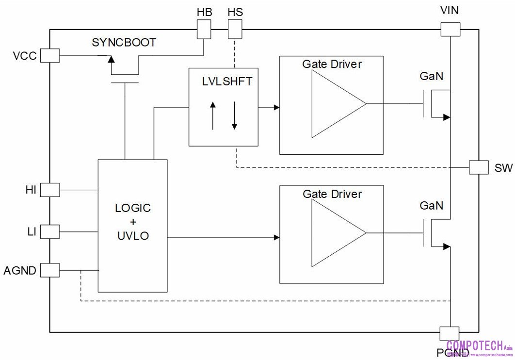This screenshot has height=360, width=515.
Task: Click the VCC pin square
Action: click(x=49, y=56)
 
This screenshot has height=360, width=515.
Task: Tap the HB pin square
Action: click(x=204, y=31)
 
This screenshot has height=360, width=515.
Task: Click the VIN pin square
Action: click(x=450, y=30)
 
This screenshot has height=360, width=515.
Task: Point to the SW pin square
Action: click(x=479, y=167)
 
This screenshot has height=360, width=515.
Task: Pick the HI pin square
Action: click(x=49, y=190)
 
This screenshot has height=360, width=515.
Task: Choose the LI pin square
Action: click(x=49, y=231)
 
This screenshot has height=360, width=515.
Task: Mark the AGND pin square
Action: click(x=49, y=270)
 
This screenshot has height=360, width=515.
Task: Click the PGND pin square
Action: click(x=450, y=334)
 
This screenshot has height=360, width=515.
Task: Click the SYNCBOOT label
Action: click(x=124, y=43)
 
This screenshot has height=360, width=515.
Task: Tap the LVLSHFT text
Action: click(x=227, y=81)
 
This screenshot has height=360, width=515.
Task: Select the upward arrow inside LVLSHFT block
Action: click(x=212, y=115)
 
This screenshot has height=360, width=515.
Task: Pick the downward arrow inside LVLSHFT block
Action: click(x=234, y=115)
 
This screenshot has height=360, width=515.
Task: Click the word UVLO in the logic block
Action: click(x=133, y=237)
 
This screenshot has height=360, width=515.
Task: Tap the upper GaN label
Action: click(x=431, y=76)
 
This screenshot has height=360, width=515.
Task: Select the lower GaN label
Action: click(x=431, y=206)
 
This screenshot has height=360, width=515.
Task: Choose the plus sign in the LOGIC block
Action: click(x=133, y=222)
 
